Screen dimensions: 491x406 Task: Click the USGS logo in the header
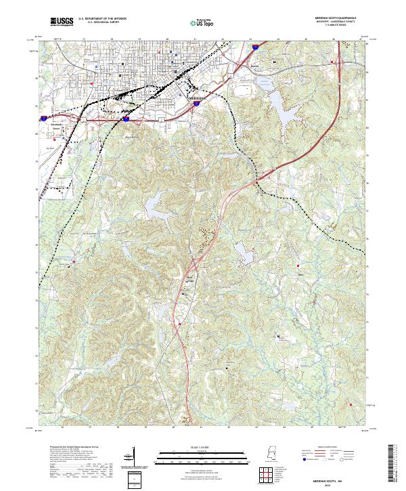[62, 22]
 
